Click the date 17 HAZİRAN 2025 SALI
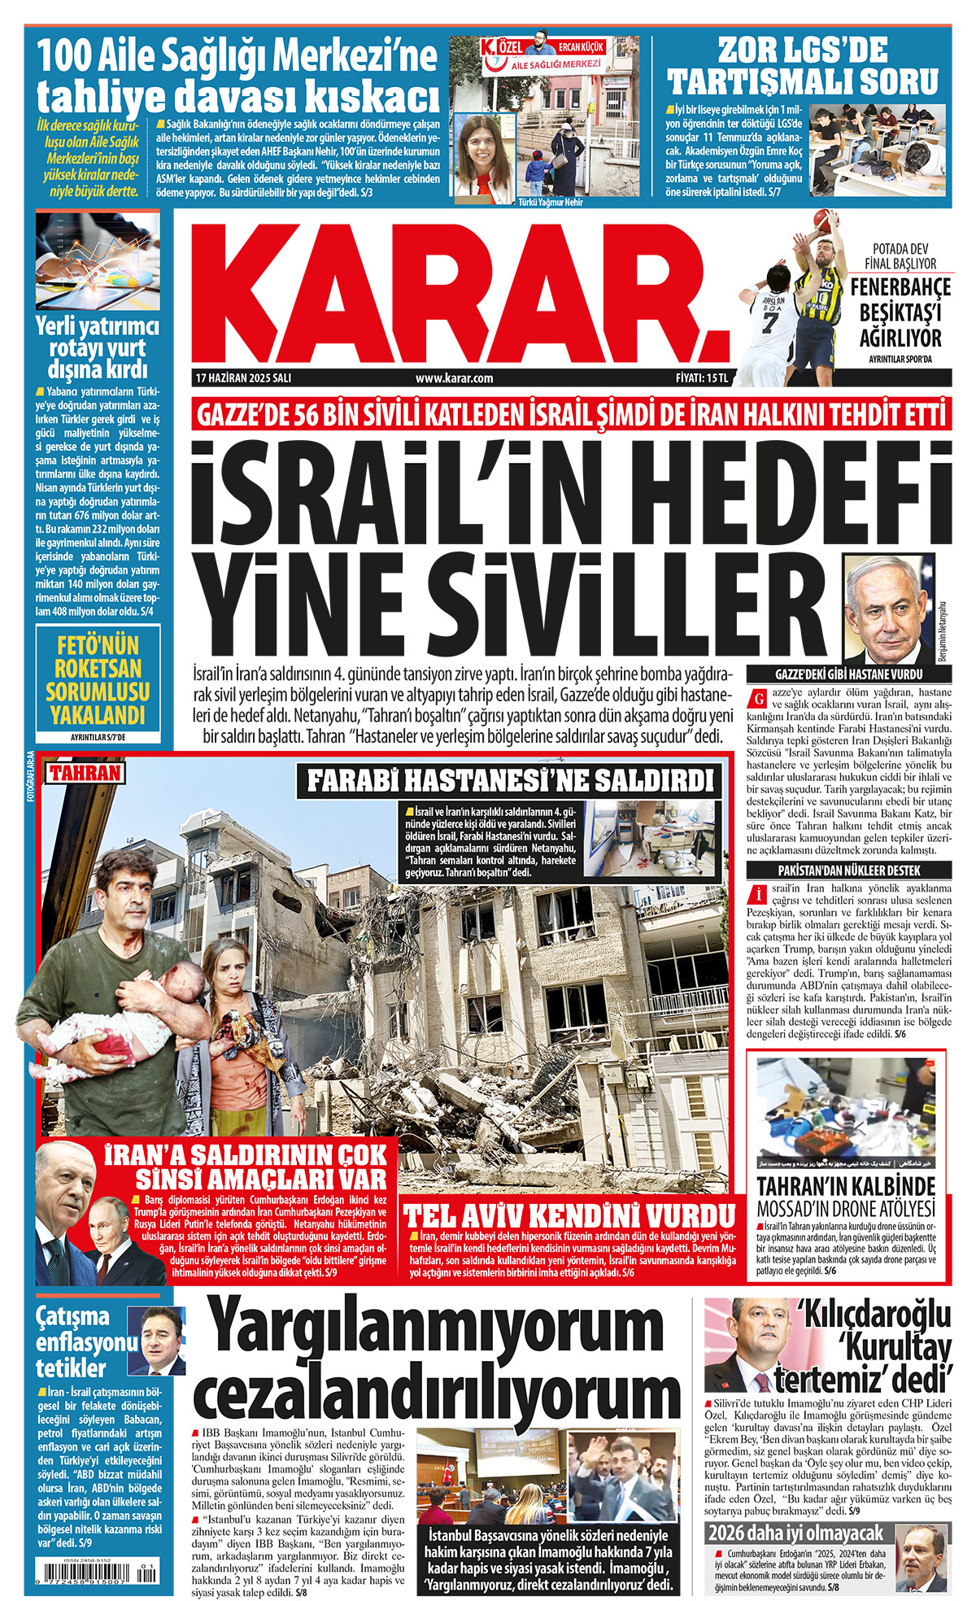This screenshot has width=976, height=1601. pos(243,377)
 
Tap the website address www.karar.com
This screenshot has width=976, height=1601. pos(454,377)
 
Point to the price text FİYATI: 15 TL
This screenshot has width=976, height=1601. pos(701,377)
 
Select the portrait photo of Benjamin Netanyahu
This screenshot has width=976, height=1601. pos(888,609)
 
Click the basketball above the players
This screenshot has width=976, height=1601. pos(825,220)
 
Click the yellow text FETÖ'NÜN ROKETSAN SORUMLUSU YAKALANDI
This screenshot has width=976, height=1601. pos(98,681)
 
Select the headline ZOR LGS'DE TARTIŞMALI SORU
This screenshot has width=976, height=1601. pos(803,67)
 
